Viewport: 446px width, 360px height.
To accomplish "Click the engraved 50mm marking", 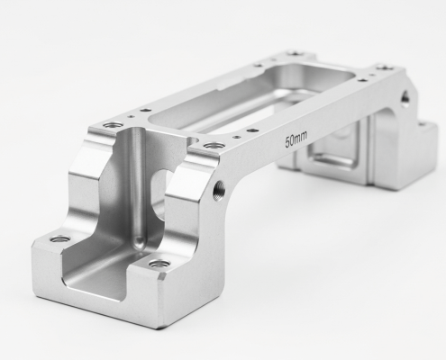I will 295,140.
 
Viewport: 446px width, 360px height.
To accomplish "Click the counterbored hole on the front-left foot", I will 60,240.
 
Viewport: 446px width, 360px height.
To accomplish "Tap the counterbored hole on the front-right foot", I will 159,265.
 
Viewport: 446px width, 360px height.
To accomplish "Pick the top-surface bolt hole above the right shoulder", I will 213,146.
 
